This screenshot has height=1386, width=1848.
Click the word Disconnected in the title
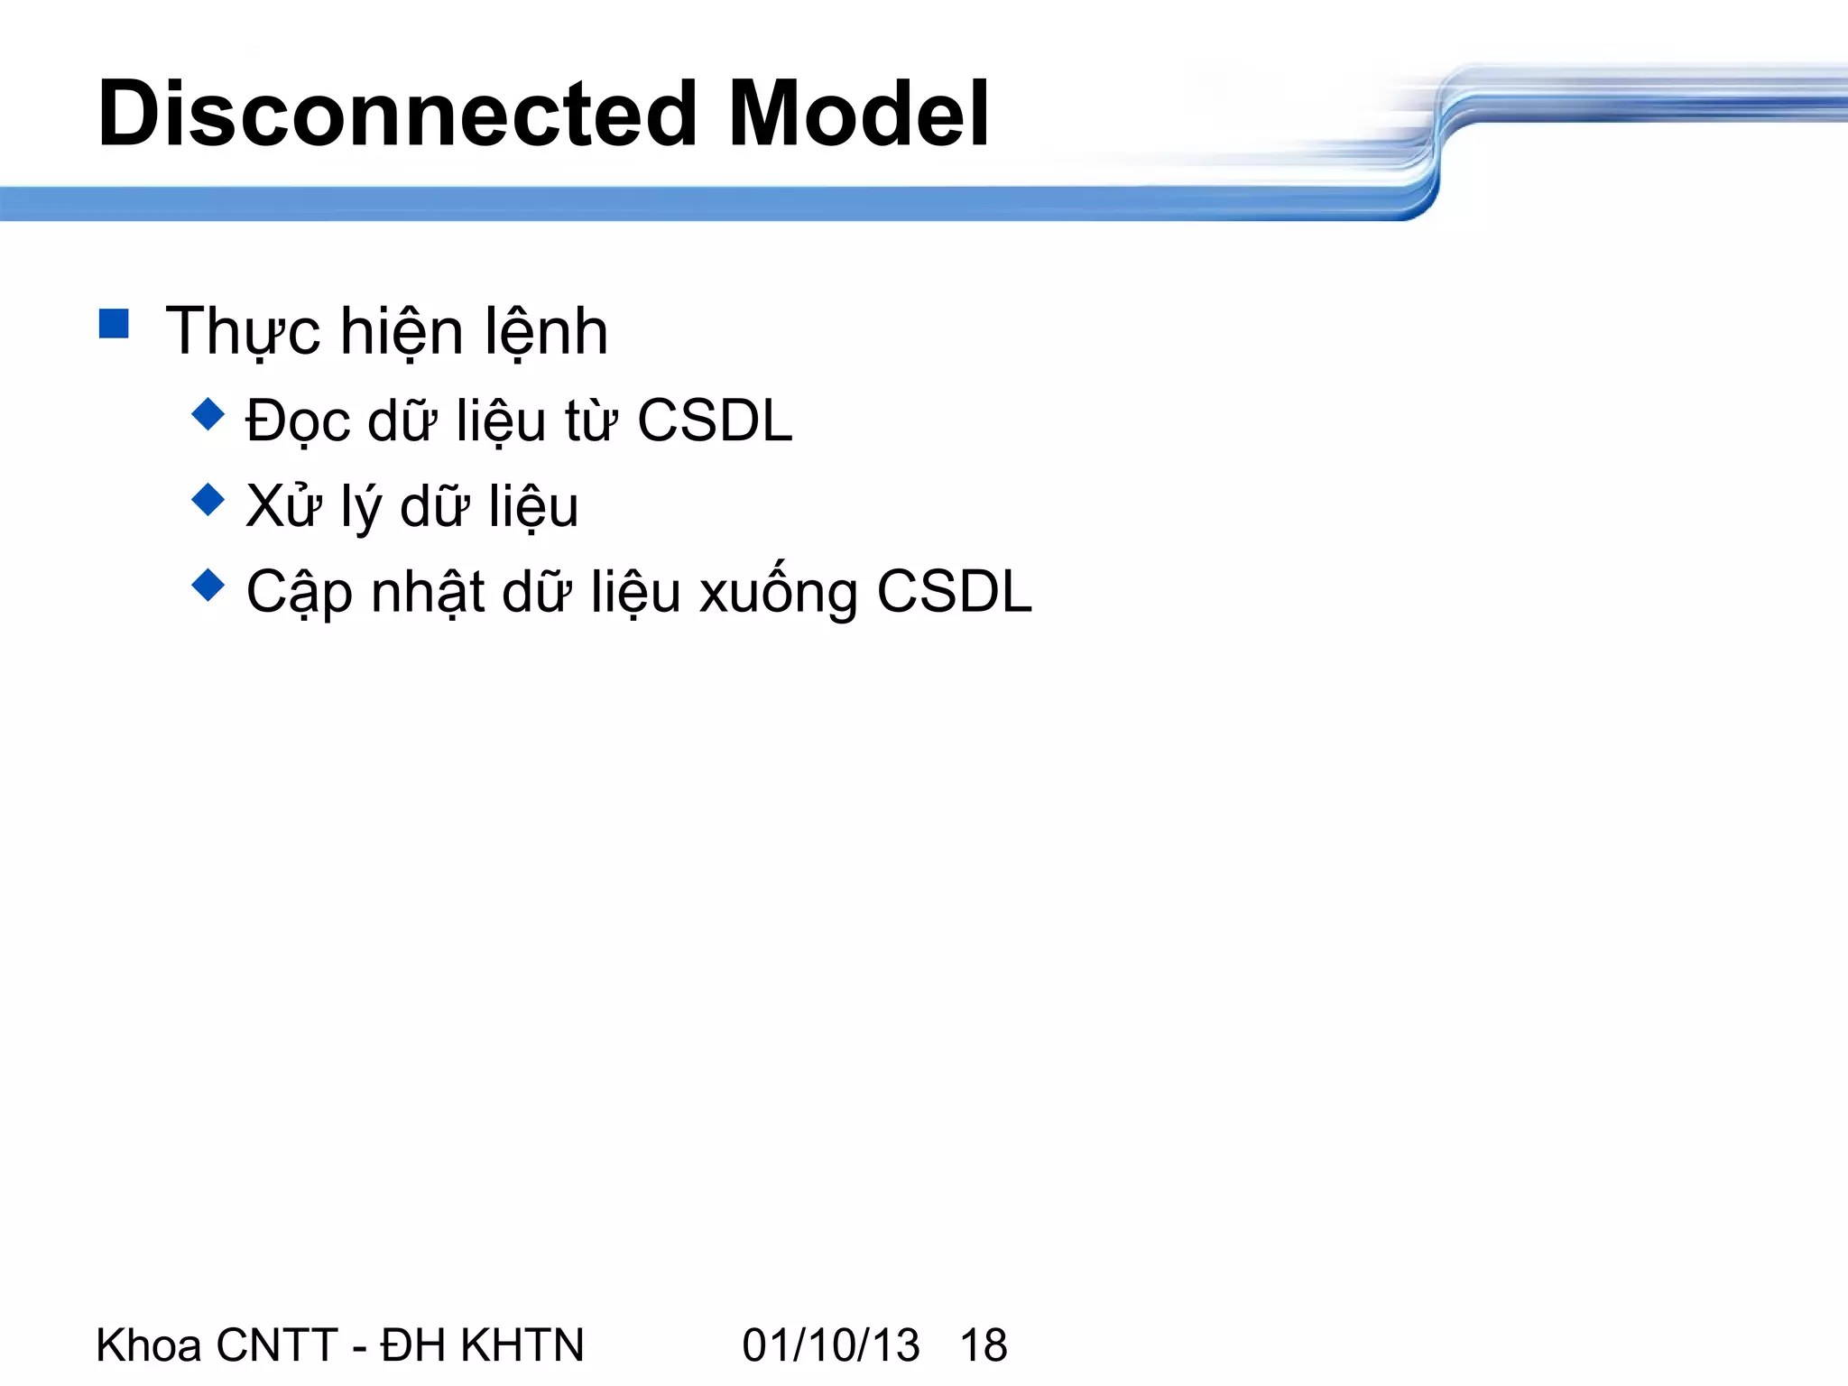click(397, 115)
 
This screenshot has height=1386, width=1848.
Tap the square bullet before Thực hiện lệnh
click(114, 323)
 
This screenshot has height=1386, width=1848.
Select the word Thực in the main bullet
click(243, 332)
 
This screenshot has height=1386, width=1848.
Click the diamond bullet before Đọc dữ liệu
click(208, 415)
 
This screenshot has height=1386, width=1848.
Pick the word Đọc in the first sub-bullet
click(297, 422)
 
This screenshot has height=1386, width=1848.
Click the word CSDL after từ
click(715, 420)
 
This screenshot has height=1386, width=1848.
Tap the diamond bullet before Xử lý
click(208, 500)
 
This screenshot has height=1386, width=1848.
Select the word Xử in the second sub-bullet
click(283, 505)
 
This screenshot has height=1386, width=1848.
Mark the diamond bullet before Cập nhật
click(208, 585)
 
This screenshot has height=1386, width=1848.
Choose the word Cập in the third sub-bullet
click(299, 594)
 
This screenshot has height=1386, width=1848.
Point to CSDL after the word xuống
click(955, 592)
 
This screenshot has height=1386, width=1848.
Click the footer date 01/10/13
click(830, 1345)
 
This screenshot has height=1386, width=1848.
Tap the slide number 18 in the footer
click(984, 1345)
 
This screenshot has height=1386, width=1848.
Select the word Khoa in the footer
click(149, 1345)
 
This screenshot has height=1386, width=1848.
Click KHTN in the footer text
click(522, 1345)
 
